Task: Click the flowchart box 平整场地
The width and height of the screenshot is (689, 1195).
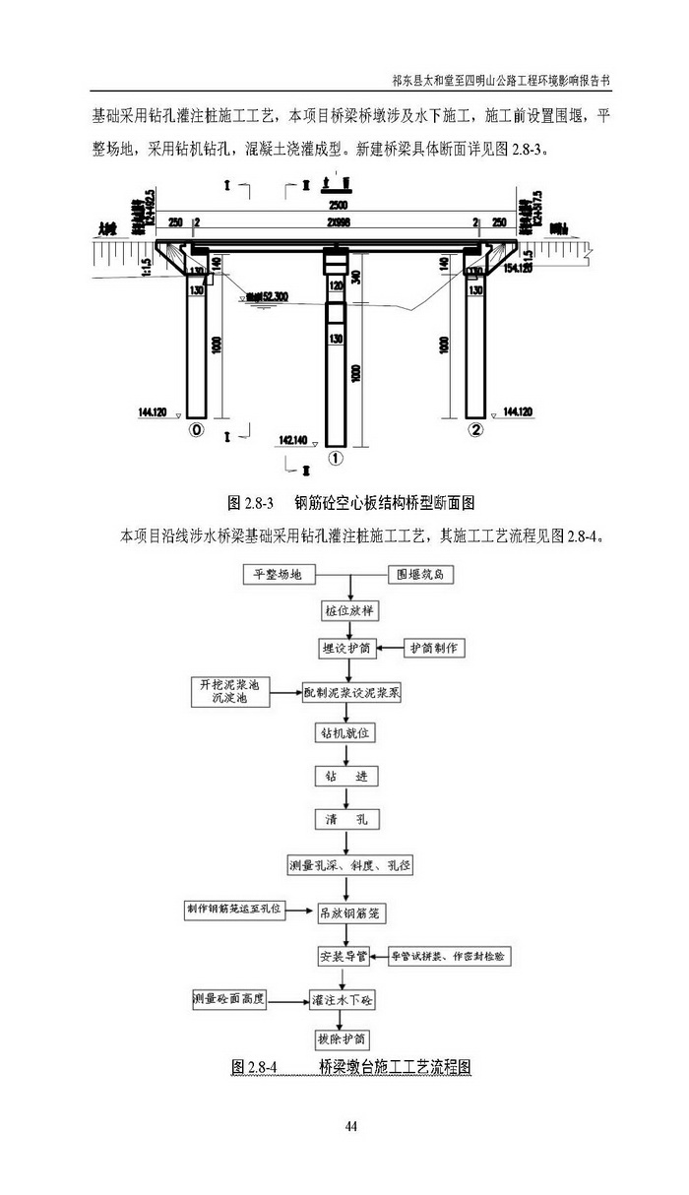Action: (x=278, y=574)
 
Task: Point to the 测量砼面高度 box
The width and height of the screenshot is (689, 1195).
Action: (x=229, y=999)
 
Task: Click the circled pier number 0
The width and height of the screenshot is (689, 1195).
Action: (x=197, y=431)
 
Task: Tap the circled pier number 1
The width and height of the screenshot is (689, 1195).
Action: (x=336, y=458)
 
